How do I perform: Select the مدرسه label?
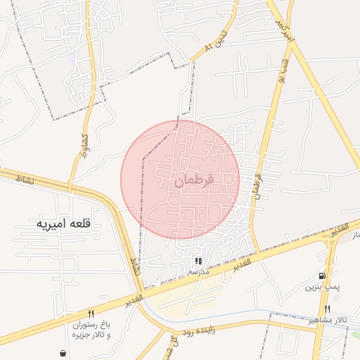(198, 271)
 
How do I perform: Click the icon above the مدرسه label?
(198, 261)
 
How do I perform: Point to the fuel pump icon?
(322, 276)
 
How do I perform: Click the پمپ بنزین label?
(323, 287)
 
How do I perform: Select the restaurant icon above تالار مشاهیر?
(328, 309)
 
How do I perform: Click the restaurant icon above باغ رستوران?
(91, 314)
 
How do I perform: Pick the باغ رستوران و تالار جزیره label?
(91, 330)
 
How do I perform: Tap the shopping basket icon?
(63, 354)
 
